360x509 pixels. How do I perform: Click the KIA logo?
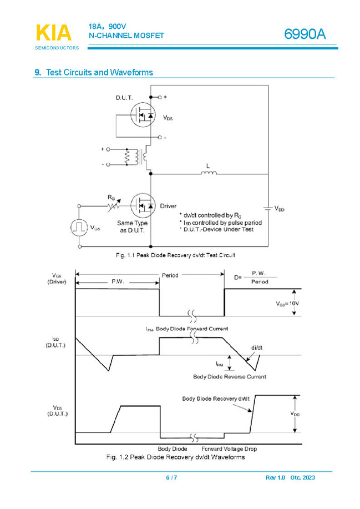point(54,33)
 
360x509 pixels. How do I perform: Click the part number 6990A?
point(305,34)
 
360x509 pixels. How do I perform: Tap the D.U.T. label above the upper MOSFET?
point(124,98)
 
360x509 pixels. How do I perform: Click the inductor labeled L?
point(208,173)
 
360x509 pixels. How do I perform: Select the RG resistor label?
point(111,197)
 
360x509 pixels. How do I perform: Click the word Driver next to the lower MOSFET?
point(168,206)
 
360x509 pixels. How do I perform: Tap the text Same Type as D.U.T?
point(131,226)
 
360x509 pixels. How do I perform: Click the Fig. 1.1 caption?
point(175,255)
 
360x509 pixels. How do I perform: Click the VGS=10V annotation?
point(287,304)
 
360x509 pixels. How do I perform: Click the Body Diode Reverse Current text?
point(229,376)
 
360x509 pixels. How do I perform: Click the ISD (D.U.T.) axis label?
point(56,341)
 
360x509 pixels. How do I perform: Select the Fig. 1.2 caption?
point(175,457)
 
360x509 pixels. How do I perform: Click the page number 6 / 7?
point(171,478)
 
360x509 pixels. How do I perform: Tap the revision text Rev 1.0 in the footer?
point(275,478)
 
